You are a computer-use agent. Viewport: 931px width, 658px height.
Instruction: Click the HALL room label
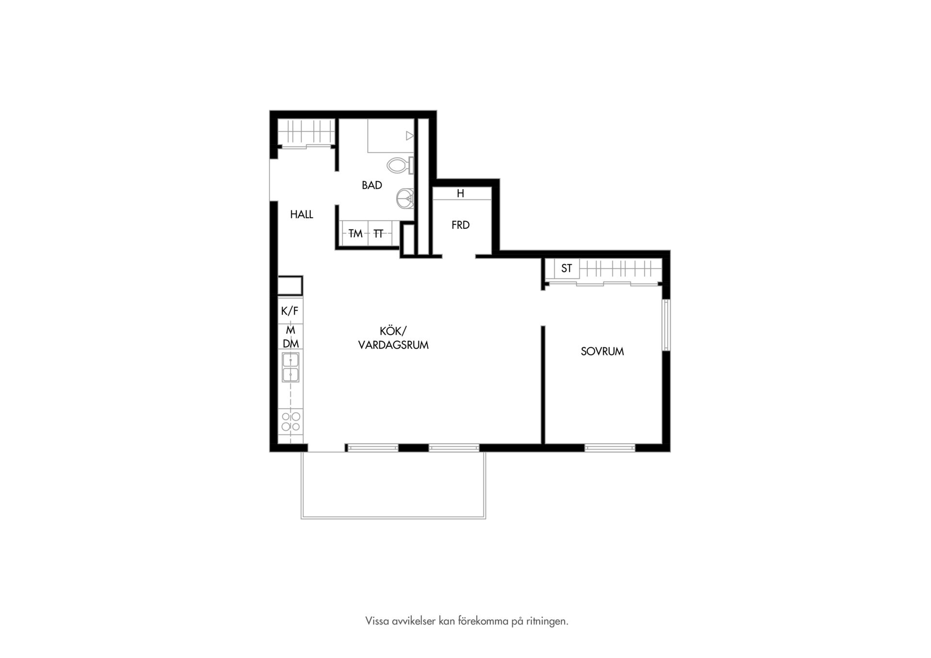[302, 214]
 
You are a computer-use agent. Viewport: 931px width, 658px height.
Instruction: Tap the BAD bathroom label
[372, 185]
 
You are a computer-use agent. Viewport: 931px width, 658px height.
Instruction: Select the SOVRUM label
[602, 352]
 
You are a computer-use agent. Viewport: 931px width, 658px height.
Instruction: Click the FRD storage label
[461, 225]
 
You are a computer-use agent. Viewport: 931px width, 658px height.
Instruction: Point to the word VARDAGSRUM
[393, 345]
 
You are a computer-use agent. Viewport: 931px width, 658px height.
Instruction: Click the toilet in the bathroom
[400, 165]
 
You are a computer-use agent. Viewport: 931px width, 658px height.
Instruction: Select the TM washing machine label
[355, 234]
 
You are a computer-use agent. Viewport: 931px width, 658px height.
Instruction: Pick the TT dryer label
[379, 234]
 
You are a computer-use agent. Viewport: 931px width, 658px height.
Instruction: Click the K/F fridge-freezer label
[290, 311]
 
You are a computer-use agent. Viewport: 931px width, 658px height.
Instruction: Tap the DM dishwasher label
[291, 344]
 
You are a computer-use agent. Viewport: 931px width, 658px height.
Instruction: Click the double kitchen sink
[291, 367]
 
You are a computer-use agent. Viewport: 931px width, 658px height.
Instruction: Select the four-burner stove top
[291, 421]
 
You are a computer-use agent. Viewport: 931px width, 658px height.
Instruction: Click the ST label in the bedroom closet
[566, 268]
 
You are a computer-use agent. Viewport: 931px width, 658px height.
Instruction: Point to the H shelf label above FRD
[461, 193]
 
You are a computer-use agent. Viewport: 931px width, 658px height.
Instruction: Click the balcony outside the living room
[393, 485]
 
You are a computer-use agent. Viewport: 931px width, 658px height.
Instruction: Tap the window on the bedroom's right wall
[667, 325]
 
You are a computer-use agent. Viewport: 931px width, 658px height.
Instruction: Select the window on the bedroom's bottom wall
[610, 448]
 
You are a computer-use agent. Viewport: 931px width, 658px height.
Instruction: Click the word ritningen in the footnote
[547, 621]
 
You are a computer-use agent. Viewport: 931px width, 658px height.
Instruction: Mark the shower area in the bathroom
[391, 135]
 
